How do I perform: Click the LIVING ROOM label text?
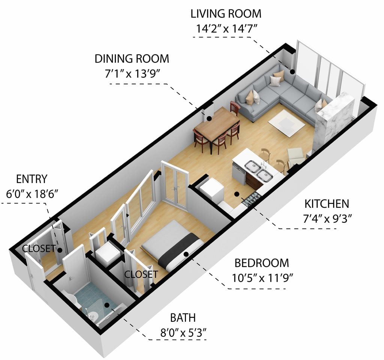[x=226, y=14]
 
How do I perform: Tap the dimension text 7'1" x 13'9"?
[x=132, y=73]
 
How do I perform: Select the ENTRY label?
[x=31, y=179]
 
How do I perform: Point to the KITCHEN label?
[x=327, y=204]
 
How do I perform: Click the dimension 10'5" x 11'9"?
[x=262, y=278]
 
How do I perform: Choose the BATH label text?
[x=183, y=318]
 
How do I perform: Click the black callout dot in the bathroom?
[x=107, y=305]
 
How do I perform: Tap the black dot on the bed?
[x=186, y=254]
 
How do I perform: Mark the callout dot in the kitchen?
[x=237, y=194]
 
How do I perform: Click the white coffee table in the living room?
[x=286, y=123]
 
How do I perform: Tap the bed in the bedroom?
[x=172, y=245]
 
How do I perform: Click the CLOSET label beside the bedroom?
[x=141, y=274]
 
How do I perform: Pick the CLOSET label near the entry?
[x=39, y=249]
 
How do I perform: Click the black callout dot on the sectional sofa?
[x=292, y=72]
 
